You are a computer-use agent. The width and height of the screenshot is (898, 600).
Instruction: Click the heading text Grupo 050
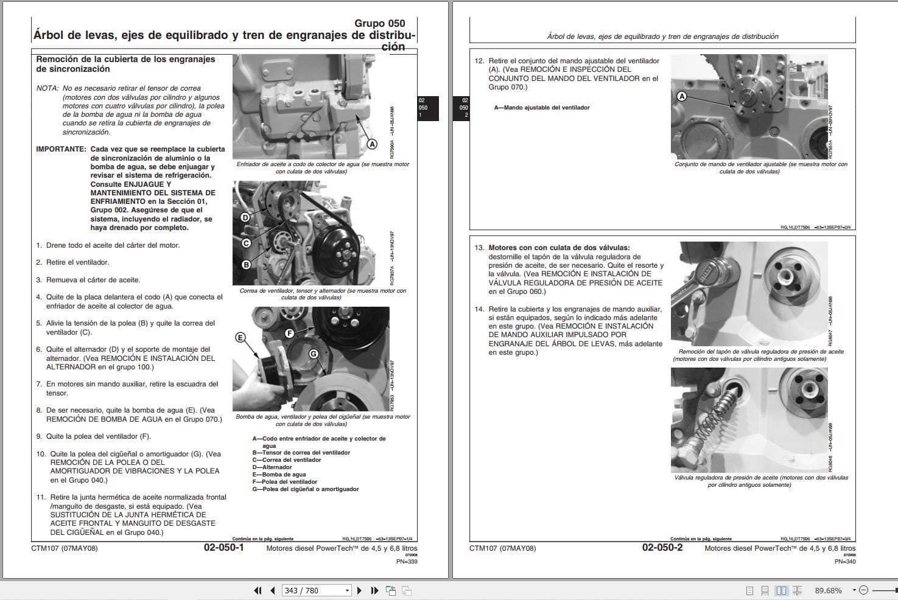pos(379,24)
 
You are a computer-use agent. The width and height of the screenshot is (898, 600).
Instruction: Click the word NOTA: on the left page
pos(47,88)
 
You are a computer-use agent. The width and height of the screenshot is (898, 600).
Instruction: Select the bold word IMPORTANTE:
pos(61,149)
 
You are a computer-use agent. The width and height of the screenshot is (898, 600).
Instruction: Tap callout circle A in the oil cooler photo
pos(371,144)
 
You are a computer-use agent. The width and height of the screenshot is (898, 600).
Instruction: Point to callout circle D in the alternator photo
pos(245,217)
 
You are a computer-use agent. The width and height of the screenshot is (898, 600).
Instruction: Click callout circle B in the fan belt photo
pos(246,265)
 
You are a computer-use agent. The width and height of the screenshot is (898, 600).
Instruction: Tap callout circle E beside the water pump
pos(240,337)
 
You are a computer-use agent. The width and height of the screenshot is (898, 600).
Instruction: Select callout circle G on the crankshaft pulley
pos(314,354)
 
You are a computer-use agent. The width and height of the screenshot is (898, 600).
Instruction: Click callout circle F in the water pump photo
pos(289,333)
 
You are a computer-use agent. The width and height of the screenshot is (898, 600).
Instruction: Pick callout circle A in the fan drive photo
pos(682,96)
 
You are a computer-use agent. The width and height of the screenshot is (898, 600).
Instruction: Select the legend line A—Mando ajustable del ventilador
pos(541,108)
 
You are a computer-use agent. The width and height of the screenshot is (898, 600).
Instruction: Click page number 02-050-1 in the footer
pos(223,548)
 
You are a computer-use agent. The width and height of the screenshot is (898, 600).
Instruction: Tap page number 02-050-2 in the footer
pos(662,548)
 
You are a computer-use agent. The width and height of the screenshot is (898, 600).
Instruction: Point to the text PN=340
pos(844,561)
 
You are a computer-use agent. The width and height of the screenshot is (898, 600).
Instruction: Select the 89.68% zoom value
pos(828,590)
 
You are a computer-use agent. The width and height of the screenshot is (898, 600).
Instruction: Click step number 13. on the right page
pos(479,248)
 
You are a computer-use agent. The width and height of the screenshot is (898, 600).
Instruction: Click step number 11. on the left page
pos(41,497)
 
